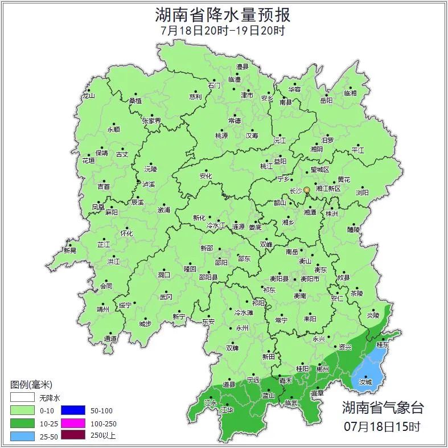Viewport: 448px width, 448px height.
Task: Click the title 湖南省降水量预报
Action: (x=223, y=14)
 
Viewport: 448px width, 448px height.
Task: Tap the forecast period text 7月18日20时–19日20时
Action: (x=223, y=30)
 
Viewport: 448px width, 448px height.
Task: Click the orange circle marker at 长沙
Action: (x=307, y=190)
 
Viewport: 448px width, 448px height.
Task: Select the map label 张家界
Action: (x=151, y=121)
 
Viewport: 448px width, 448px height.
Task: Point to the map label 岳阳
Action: (x=326, y=101)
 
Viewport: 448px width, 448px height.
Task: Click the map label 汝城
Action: (x=365, y=382)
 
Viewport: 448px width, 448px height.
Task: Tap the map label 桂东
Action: (x=383, y=346)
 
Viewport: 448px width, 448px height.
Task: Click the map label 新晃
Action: (x=69, y=250)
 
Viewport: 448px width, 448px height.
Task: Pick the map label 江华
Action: (x=227, y=410)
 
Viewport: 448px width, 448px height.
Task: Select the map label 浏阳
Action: (x=362, y=193)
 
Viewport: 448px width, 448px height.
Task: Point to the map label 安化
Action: (x=205, y=176)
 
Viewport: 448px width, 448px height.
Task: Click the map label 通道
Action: (x=110, y=339)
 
